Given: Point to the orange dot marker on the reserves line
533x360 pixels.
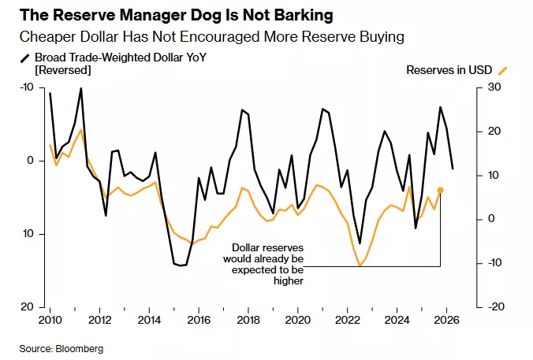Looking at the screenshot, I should tap(440, 190).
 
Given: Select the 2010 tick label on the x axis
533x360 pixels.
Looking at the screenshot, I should tap(50, 321).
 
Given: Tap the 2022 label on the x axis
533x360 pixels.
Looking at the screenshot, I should tap(347, 321).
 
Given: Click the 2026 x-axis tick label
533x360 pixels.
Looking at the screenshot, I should tap(445, 321).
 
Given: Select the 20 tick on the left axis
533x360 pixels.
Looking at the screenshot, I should tap(28, 306).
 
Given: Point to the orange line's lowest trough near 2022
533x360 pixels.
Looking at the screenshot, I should tap(360, 265).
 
